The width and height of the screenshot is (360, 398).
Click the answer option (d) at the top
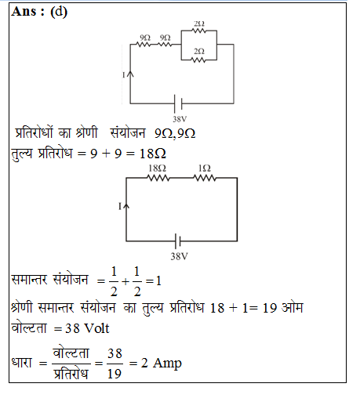[59, 12]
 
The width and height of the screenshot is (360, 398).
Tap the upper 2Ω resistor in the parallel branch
[199, 31]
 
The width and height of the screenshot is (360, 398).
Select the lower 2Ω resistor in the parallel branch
[199, 60]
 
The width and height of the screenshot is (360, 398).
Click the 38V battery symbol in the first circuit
[178, 103]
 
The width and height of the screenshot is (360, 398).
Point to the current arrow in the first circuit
[130, 74]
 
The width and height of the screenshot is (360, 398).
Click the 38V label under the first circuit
[180, 119]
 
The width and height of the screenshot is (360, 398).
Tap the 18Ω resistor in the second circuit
[158, 178]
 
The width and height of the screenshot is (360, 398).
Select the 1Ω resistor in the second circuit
[205, 178]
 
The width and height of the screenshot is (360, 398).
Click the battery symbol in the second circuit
[178, 241]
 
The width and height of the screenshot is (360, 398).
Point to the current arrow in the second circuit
[126, 206]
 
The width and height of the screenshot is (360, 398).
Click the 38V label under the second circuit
[180, 256]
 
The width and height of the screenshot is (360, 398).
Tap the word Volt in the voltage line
[97, 328]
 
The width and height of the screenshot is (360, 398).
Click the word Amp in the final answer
[167, 364]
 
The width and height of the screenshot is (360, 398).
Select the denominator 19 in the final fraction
[115, 374]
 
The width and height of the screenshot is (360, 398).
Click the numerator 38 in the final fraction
[115, 353]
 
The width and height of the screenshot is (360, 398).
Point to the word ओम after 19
[293, 307]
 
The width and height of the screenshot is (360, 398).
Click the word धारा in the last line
[22, 363]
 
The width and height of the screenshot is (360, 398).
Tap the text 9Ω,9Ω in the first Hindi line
[175, 134]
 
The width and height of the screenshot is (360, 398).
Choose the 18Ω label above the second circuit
[157, 168]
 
